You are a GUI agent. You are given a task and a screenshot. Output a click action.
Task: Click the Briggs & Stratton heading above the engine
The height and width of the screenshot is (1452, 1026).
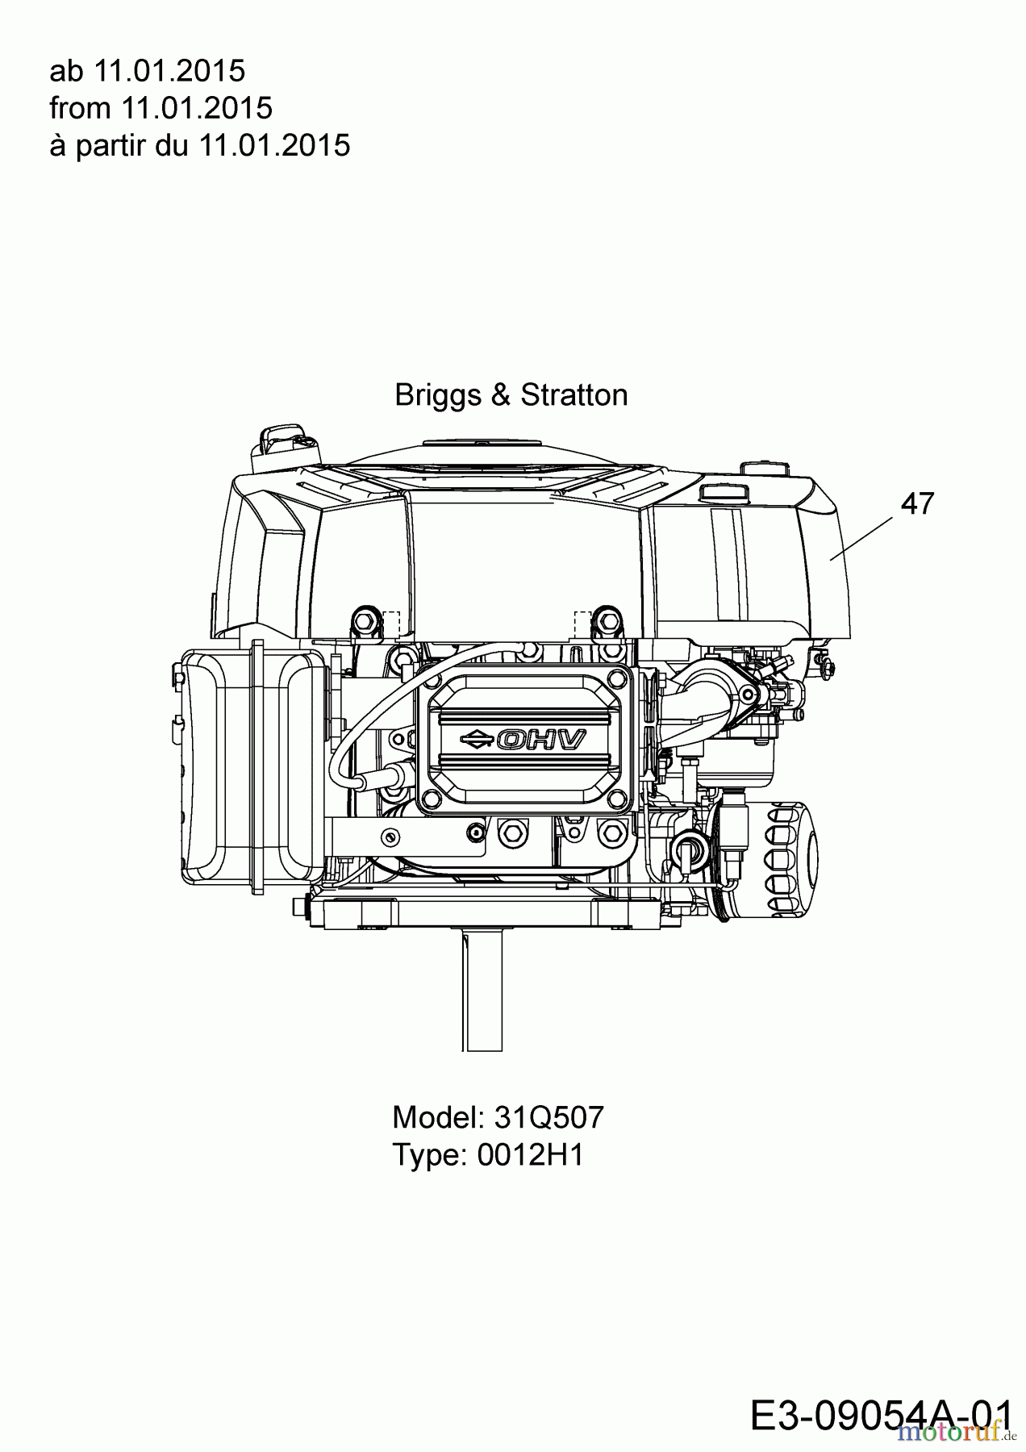pyautogui.click(x=511, y=395)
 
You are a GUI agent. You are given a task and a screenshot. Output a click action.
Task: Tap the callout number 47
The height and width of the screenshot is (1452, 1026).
pyautogui.click(x=917, y=503)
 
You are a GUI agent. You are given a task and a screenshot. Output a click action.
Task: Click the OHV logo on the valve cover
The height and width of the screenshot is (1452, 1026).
pyautogui.click(x=540, y=739)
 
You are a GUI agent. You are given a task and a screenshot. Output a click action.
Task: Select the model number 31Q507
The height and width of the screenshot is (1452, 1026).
pyautogui.click(x=548, y=1117)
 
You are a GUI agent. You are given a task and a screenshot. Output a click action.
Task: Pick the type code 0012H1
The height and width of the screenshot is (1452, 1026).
pyautogui.click(x=530, y=1155)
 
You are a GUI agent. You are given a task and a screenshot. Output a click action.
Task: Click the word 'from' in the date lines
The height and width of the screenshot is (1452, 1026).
pyautogui.click(x=80, y=108)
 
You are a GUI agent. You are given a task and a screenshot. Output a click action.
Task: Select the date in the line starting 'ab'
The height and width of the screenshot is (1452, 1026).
pyautogui.click(x=169, y=71)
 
